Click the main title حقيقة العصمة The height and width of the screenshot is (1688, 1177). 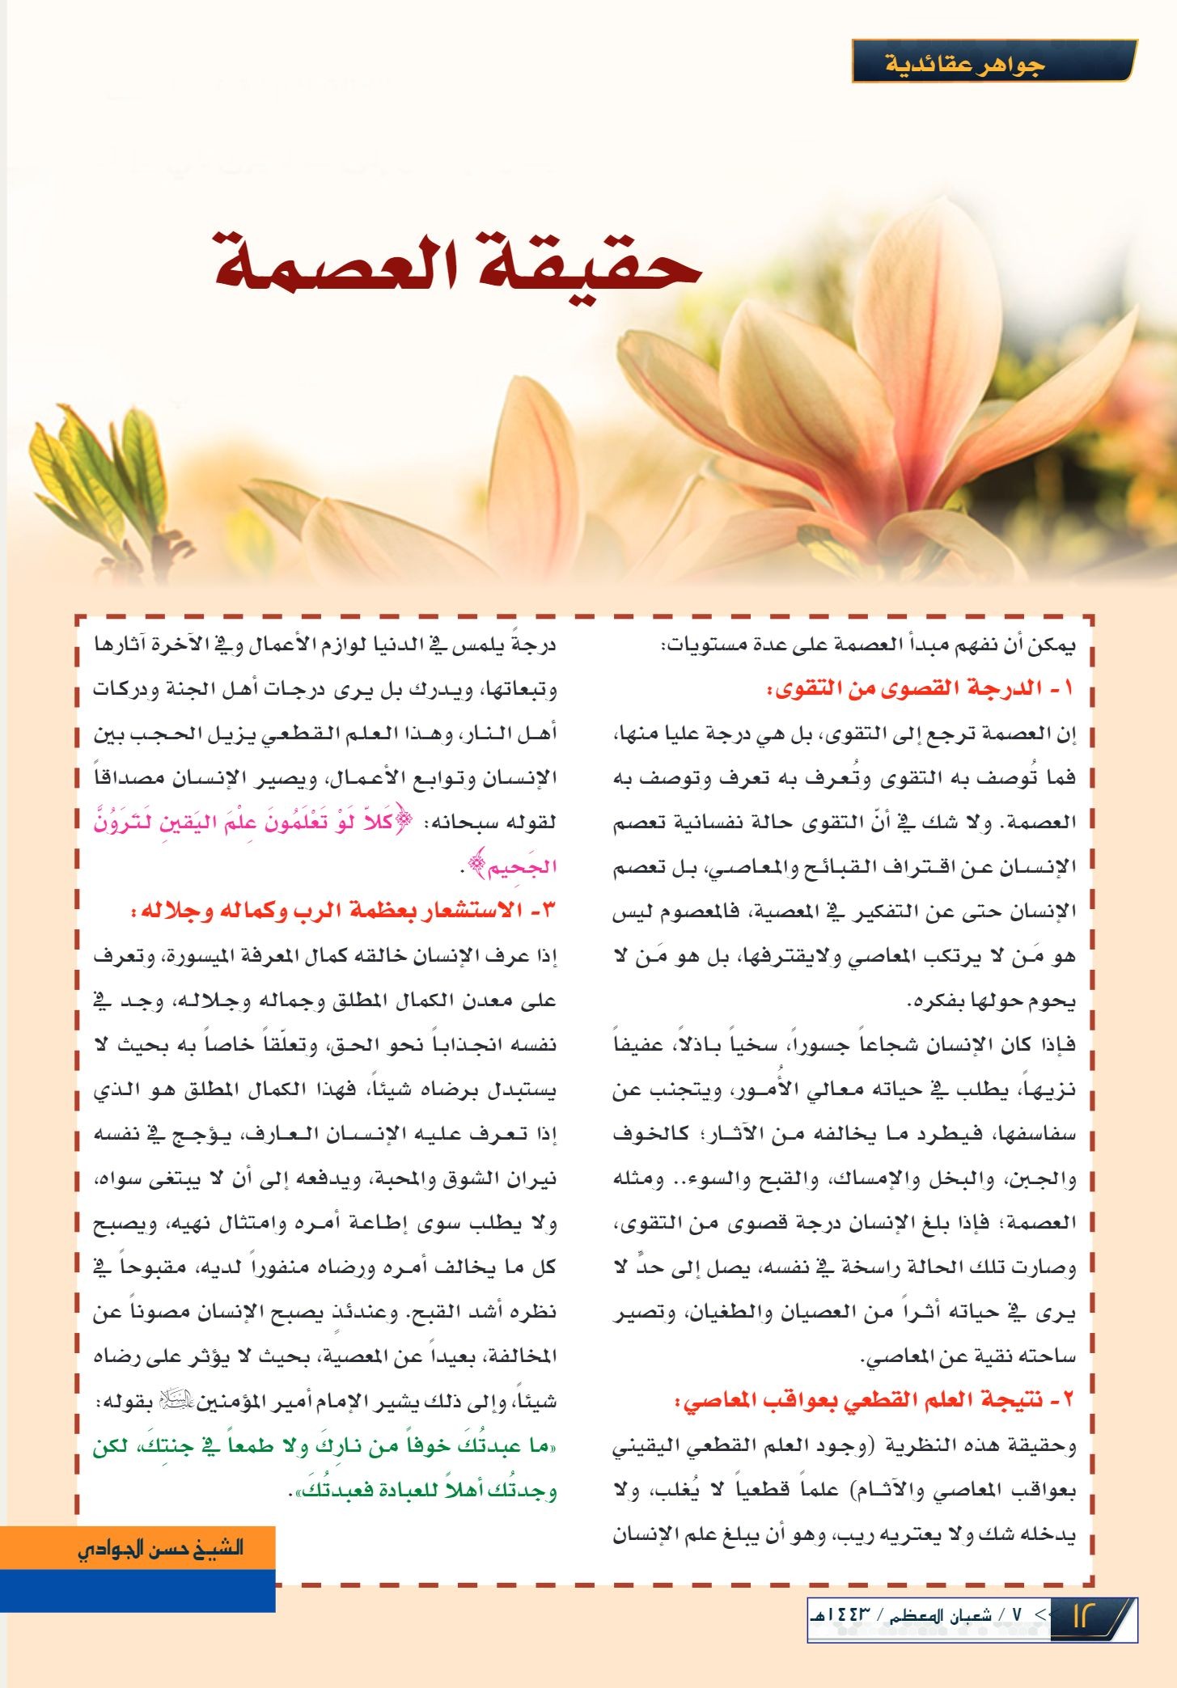point(457,263)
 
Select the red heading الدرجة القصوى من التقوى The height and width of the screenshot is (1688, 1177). point(921,689)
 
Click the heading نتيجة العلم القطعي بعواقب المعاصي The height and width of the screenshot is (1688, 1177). point(874,1399)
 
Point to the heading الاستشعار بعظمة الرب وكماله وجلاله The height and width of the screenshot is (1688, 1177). point(344,911)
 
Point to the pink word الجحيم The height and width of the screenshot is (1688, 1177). point(518,867)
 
